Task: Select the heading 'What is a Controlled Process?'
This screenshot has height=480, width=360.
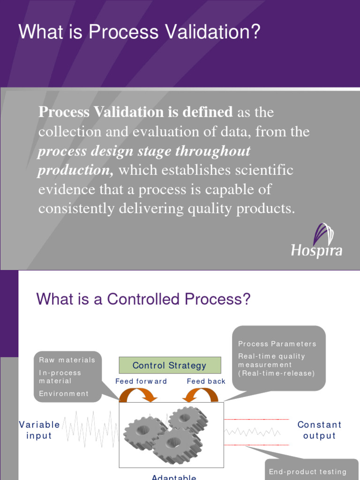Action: point(143,299)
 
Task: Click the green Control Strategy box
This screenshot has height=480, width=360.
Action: point(170,365)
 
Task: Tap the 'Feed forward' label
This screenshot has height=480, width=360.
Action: point(141,382)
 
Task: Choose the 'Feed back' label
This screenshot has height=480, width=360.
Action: point(206,382)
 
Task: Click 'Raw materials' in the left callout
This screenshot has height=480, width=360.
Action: point(67,360)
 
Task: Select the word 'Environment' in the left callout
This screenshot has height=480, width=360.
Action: point(64,394)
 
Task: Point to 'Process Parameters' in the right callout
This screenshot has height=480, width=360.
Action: point(277,344)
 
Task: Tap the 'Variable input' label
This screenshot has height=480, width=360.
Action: point(39,430)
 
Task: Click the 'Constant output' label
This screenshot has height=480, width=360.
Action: point(320,430)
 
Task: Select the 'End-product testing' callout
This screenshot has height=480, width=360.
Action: point(307,472)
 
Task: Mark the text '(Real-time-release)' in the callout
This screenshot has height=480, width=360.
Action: point(277,373)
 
